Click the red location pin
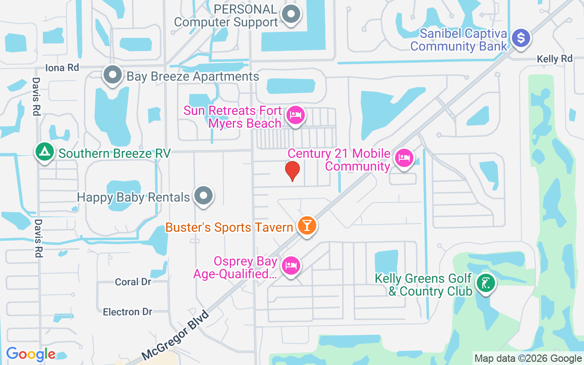(x=292, y=171)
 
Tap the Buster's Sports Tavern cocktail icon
(x=307, y=225)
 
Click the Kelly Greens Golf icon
(x=485, y=283)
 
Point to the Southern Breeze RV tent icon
(x=44, y=152)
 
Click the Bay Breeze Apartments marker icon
(x=112, y=75)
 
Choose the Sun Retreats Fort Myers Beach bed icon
(x=296, y=115)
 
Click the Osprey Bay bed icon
(x=291, y=265)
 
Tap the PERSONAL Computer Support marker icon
(x=291, y=15)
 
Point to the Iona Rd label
(x=63, y=68)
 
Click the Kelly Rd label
(x=554, y=59)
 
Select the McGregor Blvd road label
(x=175, y=335)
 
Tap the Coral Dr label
(x=133, y=282)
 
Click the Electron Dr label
(x=127, y=312)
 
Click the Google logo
(x=31, y=354)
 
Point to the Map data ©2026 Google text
(x=528, y=359)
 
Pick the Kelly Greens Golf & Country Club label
(x=423, y=285)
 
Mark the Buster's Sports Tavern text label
(x=229, y=227)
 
